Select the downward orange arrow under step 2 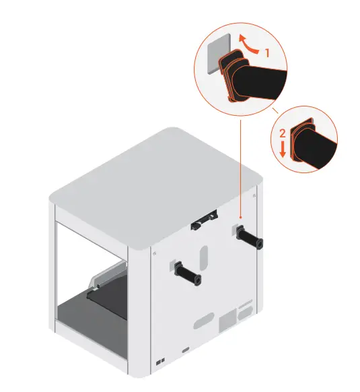point(283,149)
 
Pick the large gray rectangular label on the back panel point(230,316)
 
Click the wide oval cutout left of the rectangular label point(203,324)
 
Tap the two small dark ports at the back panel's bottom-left point(159,363)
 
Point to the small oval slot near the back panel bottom point(186,351)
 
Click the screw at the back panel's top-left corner point(155,253)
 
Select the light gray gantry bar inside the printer point(108,275)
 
